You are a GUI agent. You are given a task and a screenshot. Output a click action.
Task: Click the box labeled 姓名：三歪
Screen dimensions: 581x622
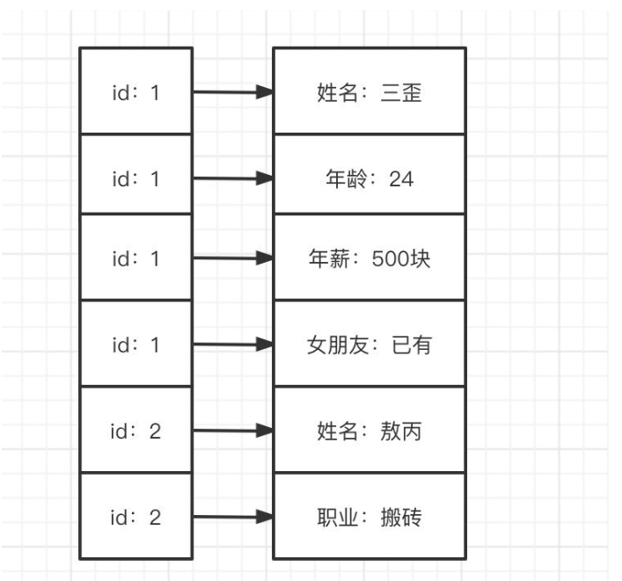click(x=369, y=91)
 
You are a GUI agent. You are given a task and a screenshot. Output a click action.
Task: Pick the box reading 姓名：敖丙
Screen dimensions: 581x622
click(x=369, y=431)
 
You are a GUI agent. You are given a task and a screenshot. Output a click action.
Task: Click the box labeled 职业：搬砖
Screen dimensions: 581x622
click(x=369, y=517)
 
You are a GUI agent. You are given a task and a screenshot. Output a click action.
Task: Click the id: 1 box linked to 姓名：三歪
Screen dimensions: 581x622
click(x=135, y=91)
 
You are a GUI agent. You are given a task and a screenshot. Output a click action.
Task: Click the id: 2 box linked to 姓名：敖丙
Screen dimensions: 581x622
click(x=135, y=431)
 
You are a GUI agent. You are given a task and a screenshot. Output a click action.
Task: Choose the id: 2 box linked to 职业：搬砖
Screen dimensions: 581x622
click(x=135, y=517)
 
